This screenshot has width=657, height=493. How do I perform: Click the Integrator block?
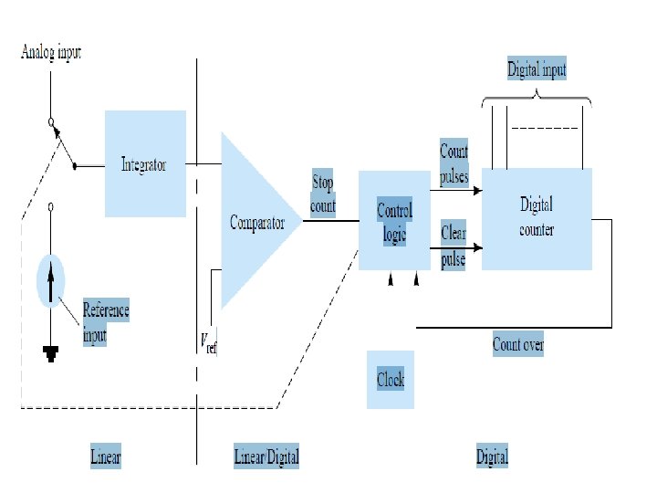point(145,165)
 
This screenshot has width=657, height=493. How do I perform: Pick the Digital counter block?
point(537,218)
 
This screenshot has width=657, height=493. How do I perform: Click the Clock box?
point(391,379)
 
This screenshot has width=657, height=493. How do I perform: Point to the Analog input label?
point(51,52)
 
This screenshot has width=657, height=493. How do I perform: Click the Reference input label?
point(106,321)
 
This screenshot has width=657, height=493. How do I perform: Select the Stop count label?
point(323,194)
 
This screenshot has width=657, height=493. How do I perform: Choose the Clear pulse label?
point(454,246)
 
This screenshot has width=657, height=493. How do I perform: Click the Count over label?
point(518,344)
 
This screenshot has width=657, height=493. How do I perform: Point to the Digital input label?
point(537,69)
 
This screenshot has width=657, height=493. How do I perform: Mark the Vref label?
point(209,342)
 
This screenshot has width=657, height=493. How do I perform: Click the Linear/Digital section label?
point(266,456)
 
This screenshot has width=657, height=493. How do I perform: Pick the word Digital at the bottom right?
point(492,456)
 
